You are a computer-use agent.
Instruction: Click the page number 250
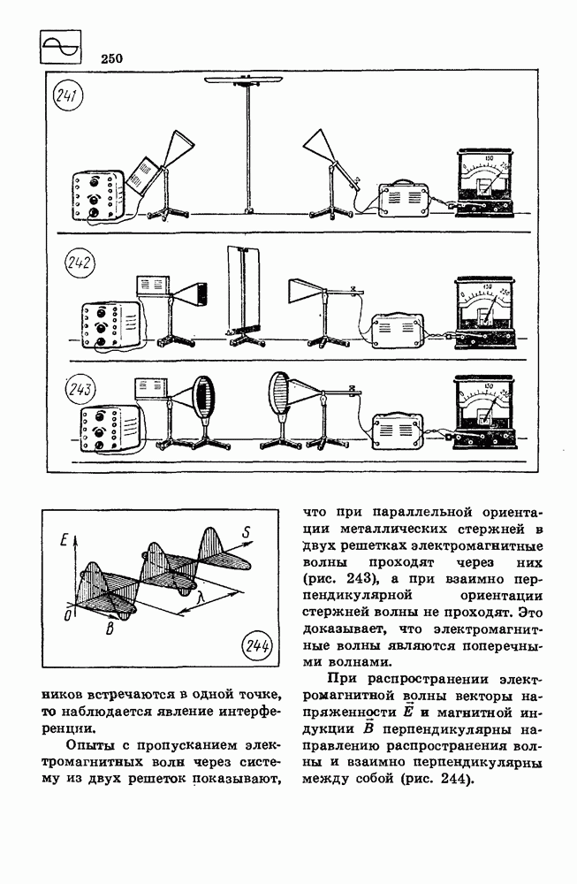coord(111,59)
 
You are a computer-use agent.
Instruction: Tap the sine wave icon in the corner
coord(61,47)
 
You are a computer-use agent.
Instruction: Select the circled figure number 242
coord(80,264)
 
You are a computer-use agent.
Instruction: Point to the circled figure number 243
coord(80,388)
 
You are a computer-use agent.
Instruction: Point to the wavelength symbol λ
coord(201,600)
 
